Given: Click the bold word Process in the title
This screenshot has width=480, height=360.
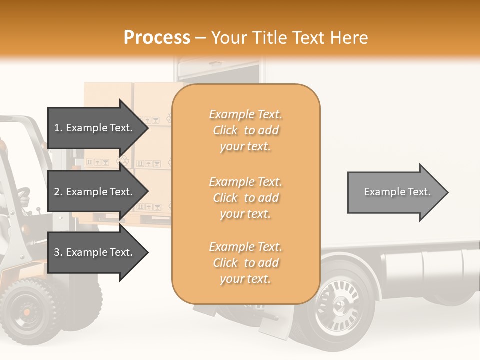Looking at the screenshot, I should (x=157, y=37).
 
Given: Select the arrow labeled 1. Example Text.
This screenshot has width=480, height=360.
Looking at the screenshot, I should (x=95, y=128).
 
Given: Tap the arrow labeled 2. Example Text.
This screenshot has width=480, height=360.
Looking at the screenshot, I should (x=95, y=192).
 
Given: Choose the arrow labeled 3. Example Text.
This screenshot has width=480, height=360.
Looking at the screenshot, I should (x=95, y=252).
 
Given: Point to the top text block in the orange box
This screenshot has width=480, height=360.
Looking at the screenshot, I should (x=245, y=130).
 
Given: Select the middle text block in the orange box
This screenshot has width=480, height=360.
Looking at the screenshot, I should (x=245, y=198).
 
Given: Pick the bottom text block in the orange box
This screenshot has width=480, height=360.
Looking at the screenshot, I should (x=245, y=263).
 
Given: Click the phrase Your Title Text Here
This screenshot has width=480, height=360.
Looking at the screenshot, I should (x=289, y=37).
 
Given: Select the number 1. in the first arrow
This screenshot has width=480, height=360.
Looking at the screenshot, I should (x=58, y=128).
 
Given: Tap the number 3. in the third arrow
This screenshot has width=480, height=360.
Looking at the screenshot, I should (x=58, y=252).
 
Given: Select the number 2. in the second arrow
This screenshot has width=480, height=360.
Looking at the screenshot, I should (x=58, y=192).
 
